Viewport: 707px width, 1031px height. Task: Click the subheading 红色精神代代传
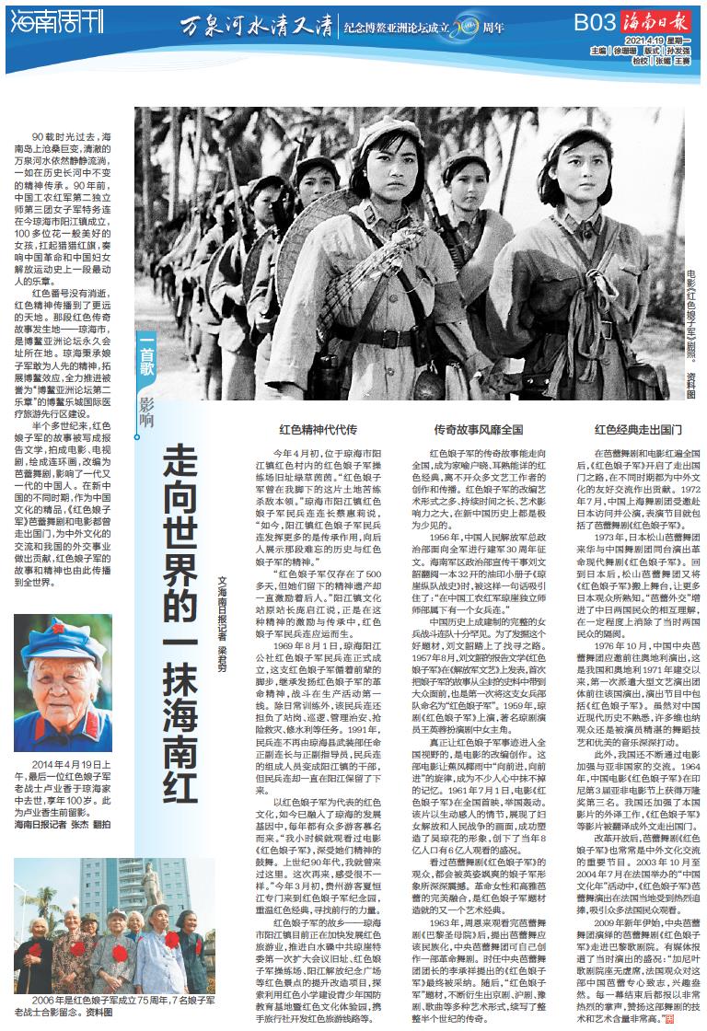[x=319, y=429]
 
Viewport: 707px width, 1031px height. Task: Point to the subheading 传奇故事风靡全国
[x=478, y=429]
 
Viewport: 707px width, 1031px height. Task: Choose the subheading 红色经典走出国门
[x=637, y=429]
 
